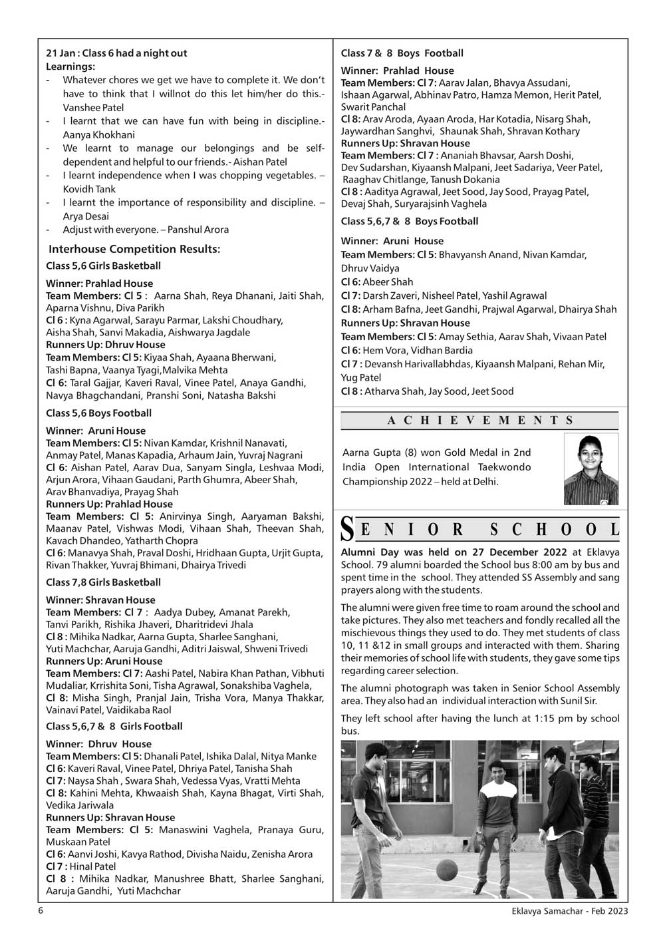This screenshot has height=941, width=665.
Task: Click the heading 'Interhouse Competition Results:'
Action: (134, 249)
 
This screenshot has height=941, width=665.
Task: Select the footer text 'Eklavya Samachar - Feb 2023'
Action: (565, 911)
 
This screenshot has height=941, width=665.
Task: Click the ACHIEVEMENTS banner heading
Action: (479, 420)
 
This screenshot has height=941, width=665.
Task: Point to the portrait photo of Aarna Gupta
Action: (591, 469)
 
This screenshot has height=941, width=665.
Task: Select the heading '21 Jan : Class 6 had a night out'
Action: (116, 53)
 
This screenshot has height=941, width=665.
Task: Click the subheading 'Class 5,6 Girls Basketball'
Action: (103, 266)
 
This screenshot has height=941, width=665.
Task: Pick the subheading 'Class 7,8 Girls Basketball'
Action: (103, 582)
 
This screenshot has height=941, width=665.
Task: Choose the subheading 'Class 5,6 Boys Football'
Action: (99, 413)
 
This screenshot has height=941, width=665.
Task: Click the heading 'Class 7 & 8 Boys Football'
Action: (402, 53)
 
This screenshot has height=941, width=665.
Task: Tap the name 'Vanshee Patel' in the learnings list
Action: (93, 107)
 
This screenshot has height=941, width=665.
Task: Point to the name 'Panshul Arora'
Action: (198, 230)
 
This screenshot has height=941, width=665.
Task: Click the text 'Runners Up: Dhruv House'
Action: (105, 345)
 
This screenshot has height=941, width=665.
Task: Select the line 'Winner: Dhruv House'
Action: (98, 744)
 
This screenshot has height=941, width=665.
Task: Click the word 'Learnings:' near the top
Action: (70, 67)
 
